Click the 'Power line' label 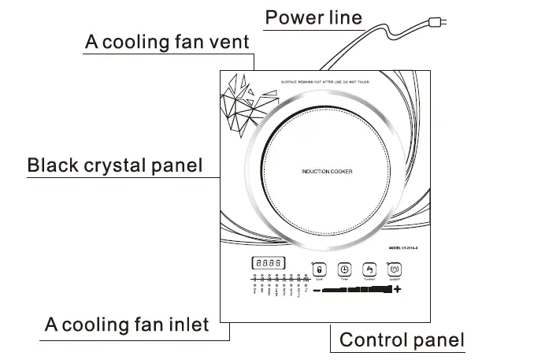click(x=313, y=17)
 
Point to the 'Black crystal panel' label click(x=115, y=166)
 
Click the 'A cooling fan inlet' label click(x=126, y=324)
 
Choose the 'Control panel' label click(x=402, y=340)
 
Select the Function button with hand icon click(x=369, y=269)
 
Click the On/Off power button click(x=394, y=269)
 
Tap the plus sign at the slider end click(x=397, y=291)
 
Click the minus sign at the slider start click(x=316, y=291)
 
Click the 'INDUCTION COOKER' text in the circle click(x=326, y=172)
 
